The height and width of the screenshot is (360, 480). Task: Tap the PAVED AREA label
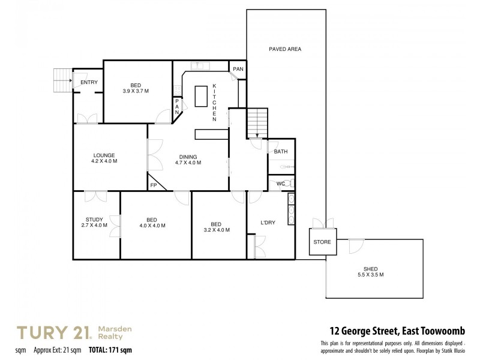[285, 49]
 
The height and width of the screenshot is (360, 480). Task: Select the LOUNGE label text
[104, 155]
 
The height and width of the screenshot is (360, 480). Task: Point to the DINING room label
[188, 156]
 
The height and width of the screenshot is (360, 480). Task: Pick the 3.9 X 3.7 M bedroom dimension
[136, 91]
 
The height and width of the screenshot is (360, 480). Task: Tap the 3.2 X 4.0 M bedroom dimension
[217, 230]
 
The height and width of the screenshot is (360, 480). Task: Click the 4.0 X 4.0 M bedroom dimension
[152, 226]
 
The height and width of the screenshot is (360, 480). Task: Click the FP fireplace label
[153, 185]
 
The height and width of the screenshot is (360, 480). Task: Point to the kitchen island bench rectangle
[201, 96]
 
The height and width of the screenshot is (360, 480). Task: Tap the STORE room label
[322, 242]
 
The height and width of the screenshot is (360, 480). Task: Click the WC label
[280, 183]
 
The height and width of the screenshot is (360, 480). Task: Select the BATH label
[281, 152]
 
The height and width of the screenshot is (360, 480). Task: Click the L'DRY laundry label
[268, 223]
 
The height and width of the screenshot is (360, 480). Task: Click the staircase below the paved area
[257, 123]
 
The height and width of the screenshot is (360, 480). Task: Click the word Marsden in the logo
[115, 329]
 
